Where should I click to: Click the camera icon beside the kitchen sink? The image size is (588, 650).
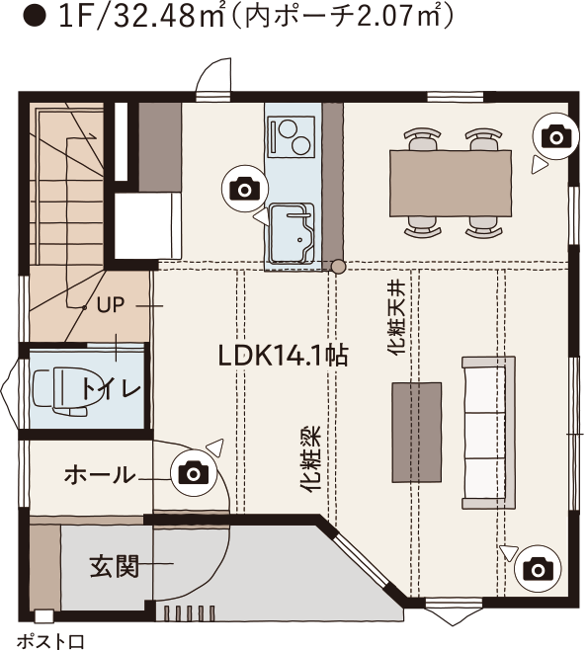pos(245,189)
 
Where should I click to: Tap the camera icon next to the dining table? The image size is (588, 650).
pos(555,136)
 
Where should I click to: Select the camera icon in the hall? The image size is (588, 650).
pos(194,473)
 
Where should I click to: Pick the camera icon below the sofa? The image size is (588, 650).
pos(538,570)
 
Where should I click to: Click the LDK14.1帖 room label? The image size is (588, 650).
pos(283,356)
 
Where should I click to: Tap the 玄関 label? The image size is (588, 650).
pos(114,566)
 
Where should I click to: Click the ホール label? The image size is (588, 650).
pos(100,475)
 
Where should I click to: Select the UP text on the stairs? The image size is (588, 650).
pos(111,305)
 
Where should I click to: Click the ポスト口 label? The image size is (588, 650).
pos(50,641)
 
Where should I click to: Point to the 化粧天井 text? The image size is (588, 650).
pos(396,317)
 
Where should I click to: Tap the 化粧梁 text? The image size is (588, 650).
pos(310,459)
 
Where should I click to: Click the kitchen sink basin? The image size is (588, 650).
pos(292,233)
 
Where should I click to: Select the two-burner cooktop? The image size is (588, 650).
pos(292,136)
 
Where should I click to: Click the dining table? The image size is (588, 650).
pos(451,183)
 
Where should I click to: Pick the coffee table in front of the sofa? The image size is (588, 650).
pos(417,433)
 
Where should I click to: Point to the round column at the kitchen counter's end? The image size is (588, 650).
pos(339,266)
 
